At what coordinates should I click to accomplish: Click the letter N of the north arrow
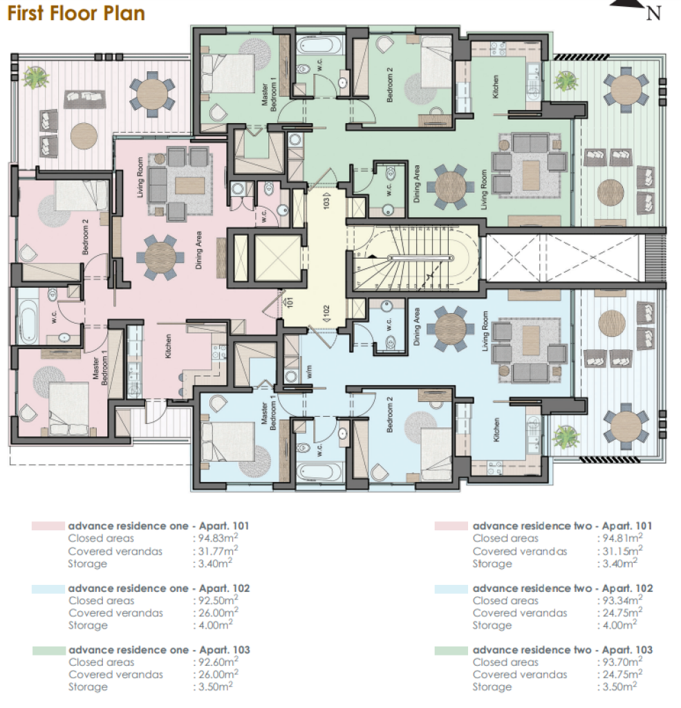(653, 14)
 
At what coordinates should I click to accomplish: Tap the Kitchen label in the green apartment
(496, 86)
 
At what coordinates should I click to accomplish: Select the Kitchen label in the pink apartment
(168, 346)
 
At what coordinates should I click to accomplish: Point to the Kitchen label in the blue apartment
(496, 430)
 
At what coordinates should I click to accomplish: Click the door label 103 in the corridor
(326, 201)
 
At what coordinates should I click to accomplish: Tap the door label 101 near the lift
(290, 301)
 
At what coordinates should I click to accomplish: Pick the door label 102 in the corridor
(326, 313)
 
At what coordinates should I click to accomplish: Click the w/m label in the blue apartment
(309, 371)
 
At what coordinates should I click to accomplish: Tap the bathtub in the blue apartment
(319, 472)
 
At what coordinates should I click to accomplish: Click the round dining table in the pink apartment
(160, 258)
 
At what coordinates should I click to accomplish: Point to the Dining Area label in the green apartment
(417, 183)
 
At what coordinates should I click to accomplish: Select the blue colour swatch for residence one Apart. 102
(48, 589)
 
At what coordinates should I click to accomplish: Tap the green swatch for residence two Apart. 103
(451, 651)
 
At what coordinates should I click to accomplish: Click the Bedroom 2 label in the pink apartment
(85, 237)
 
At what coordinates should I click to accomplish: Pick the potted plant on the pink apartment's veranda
(36, 77)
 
